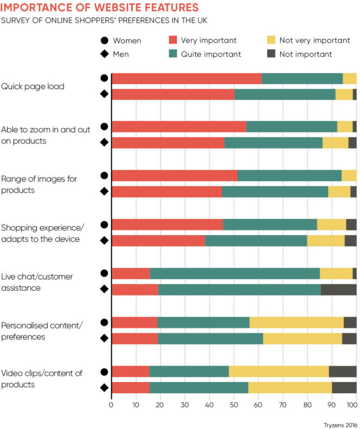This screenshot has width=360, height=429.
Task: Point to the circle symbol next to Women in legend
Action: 104,40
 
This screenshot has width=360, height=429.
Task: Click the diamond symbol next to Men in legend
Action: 104,54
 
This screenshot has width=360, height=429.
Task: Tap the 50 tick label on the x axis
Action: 233,405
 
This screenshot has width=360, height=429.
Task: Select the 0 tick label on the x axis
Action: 111,405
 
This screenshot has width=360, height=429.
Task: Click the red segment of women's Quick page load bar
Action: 186,78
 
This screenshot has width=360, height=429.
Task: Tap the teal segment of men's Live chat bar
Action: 239,289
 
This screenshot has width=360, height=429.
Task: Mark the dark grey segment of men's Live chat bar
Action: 338,289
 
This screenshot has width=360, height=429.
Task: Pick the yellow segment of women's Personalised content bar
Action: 296,322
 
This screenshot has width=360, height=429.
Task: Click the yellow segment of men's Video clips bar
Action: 290,387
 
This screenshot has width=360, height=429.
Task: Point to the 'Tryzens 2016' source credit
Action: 336,420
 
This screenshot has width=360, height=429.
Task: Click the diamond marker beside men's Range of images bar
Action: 104,192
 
